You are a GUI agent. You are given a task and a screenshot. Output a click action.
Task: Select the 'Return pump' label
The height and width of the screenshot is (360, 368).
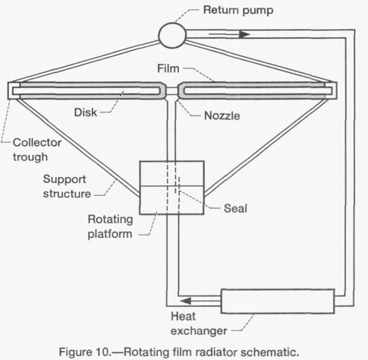238,11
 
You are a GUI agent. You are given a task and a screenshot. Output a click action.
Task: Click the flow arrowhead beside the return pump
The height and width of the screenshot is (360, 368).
245,34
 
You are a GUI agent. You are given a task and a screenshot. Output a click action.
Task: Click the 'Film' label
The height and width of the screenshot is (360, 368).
168,68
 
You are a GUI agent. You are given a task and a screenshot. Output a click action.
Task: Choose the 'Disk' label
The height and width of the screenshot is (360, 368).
86,112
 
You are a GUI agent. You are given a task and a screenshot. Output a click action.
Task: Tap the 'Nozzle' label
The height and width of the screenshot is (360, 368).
222,115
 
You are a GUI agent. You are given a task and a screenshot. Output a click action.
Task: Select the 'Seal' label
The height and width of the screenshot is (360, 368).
235,208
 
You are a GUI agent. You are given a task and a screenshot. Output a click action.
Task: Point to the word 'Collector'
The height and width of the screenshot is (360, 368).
37,143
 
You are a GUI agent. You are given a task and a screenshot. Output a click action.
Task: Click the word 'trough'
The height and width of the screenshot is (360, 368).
30,157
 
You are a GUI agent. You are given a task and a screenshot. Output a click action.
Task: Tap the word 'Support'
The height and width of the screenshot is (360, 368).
64,179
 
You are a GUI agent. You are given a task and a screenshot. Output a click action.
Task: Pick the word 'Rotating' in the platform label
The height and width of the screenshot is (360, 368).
110,219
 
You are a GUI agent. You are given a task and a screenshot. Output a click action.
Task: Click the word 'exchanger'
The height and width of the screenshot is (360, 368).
199,331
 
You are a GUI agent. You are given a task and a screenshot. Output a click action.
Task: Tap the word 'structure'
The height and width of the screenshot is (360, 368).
67,194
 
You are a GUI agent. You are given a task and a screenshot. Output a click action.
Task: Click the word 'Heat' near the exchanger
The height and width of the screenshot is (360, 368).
183,317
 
